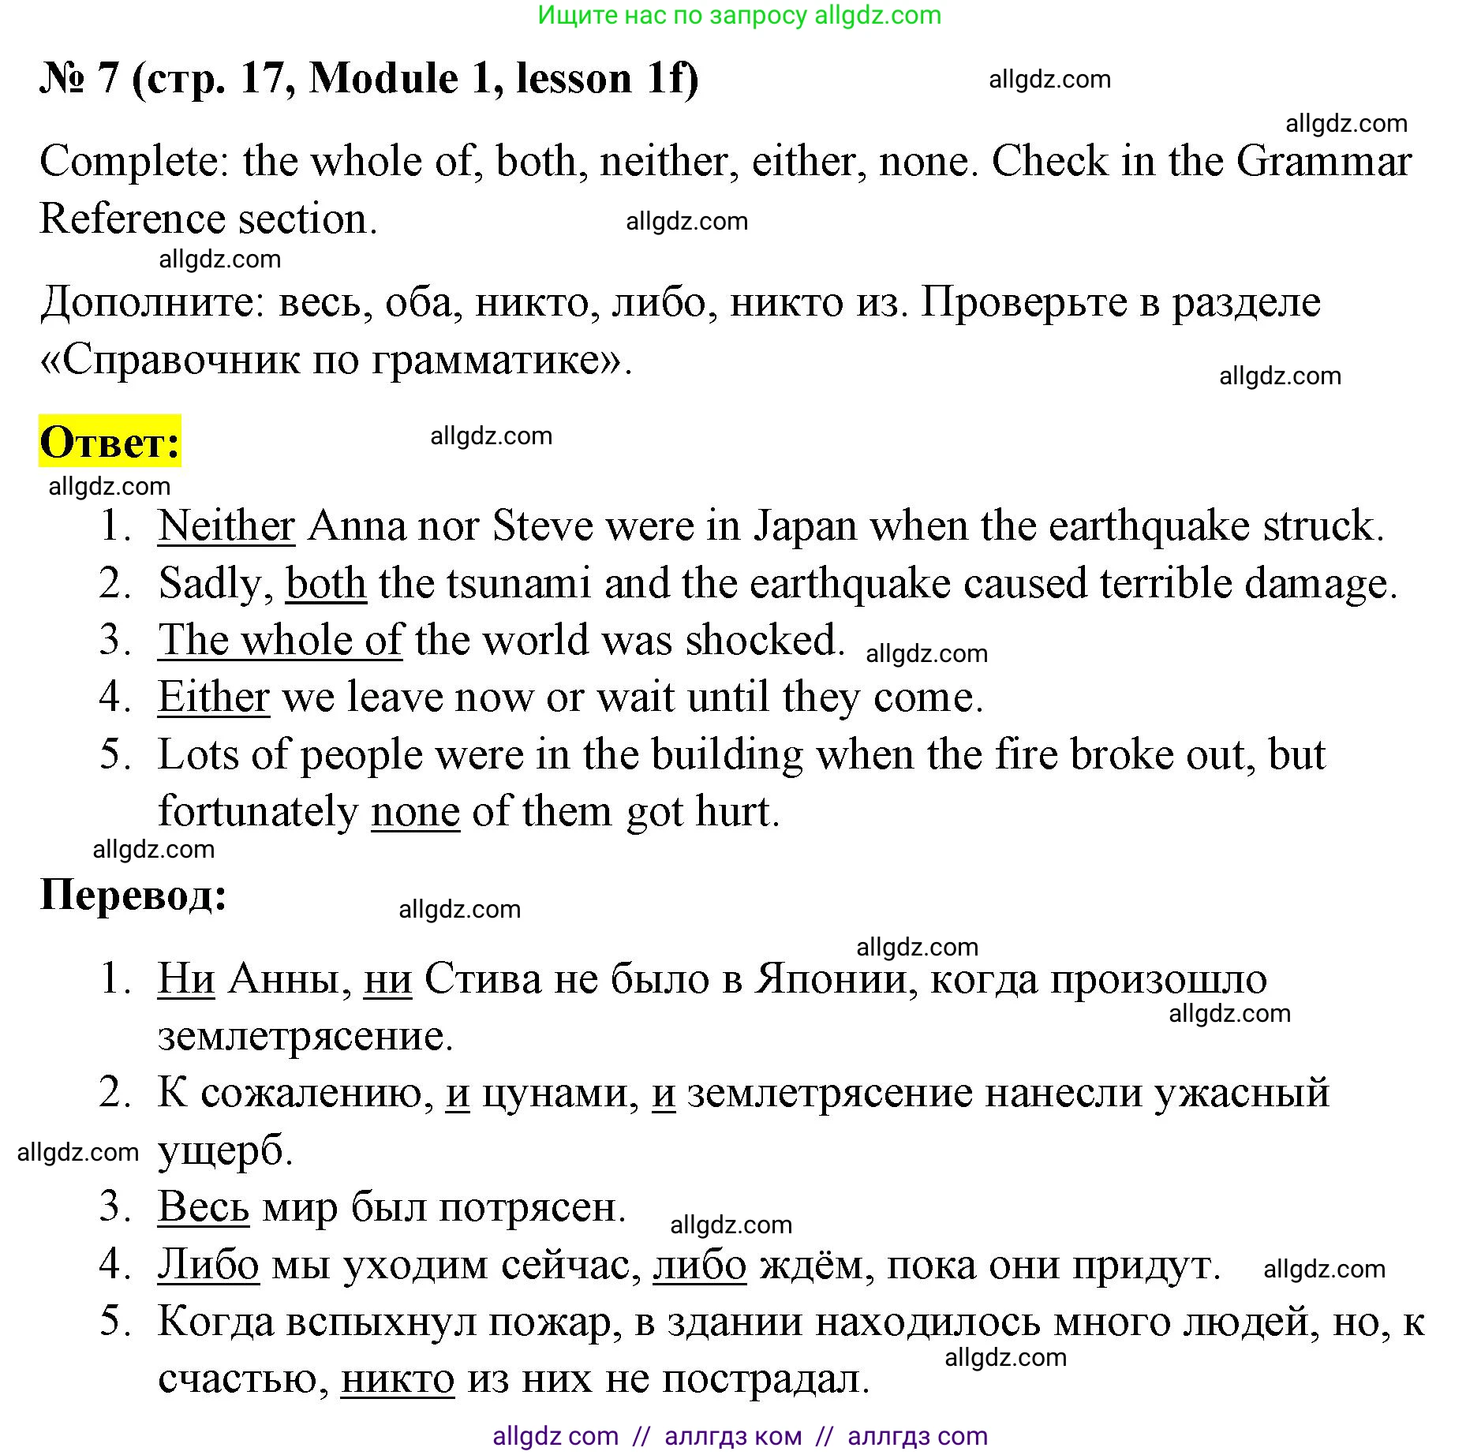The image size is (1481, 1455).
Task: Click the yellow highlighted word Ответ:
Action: [110, 442]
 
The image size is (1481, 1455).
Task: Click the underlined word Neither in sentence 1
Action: [226, 526]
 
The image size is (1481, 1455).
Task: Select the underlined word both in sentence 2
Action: [326, 584]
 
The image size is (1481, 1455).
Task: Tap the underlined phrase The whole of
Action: [280, 640]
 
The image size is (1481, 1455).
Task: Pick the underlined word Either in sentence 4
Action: [214, 698]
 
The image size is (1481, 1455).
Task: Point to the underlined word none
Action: [415, 812]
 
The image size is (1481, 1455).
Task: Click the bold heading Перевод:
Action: [133, 896]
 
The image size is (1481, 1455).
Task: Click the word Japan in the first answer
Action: [806, 526]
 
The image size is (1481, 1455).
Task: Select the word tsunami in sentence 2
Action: [518, 584]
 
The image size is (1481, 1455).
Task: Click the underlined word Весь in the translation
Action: [204, 1207]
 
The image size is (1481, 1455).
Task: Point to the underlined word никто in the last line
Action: [398, 1380]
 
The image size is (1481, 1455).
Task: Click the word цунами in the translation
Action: [560, 1094]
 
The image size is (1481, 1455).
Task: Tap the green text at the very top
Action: [739, 15]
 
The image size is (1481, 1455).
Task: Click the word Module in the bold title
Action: [383, 78]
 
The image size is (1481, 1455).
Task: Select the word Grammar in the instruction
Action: [1323, 162]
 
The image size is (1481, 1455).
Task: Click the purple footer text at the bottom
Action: [739, 1435]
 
